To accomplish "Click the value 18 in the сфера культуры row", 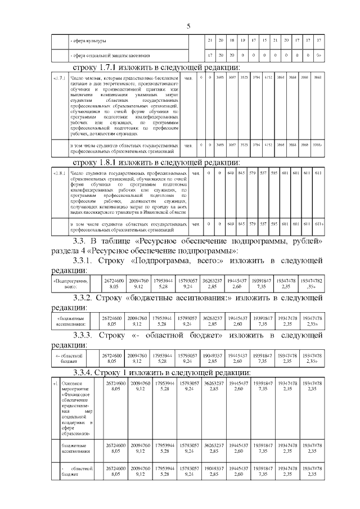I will click(x=232, y=41).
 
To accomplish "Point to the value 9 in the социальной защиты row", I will click(x=242, y=55).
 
